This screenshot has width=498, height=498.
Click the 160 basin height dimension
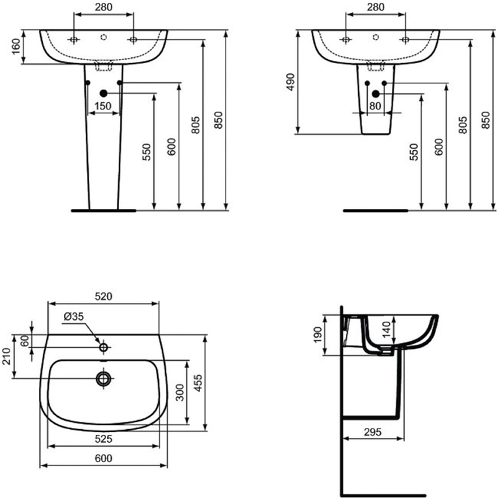tap(16, 47)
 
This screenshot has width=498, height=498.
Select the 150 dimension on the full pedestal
tap(103, 106)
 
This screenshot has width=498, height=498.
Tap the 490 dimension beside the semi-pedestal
tap(290, 82)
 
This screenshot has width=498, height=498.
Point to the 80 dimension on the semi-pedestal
tap(375, 106)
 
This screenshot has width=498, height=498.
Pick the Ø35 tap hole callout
tap(73, 316)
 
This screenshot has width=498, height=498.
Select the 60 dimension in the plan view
tap(24, 341)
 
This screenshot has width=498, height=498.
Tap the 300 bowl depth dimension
tap(181, 392)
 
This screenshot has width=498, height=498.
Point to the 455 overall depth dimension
tap(198, 382)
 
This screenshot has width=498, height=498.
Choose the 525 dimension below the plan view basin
tap(103, 439)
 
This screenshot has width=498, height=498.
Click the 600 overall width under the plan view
tap(103, 459)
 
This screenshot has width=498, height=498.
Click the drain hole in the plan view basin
tap(103, 378)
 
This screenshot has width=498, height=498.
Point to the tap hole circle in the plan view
tap(103, 347)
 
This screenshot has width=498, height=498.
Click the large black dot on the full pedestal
tap(103, 93)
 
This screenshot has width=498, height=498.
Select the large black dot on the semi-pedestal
tap(375, 93)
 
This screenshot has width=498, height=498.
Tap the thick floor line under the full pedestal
tap(103, 211)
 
